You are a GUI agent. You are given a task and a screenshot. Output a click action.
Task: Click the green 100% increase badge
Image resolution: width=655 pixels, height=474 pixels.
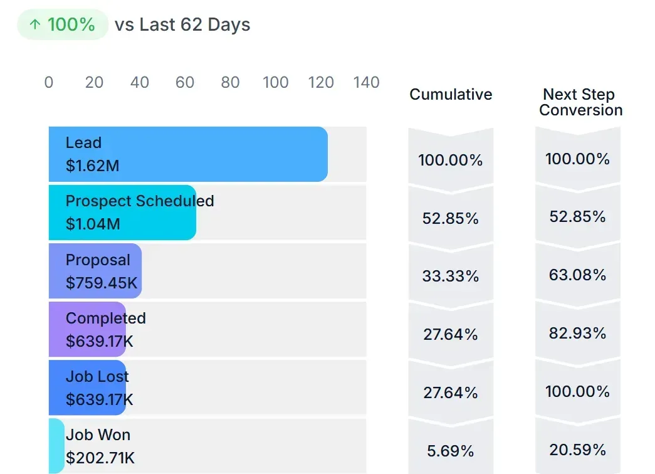click(x=63, y=25)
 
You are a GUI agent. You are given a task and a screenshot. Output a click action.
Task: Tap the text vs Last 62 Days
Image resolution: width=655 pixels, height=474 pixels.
click(x=182, y=25)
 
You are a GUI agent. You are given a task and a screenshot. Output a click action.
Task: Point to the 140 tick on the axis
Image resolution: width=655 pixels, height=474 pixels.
click(x=367, y=83)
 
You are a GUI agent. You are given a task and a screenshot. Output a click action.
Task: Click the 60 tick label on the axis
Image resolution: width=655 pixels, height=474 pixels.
click(x=185, y=83)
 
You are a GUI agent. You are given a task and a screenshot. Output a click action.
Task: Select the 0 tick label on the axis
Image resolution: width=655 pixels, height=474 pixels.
click(x=49, y=83)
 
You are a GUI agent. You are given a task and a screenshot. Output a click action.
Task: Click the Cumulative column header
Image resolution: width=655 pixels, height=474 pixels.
click(x=451, y=95)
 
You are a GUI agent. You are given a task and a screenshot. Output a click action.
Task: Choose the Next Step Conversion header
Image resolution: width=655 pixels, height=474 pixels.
click(x=580, y=102)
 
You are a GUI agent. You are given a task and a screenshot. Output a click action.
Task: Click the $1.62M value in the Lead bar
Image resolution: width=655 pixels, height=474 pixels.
click(x=92, y=166)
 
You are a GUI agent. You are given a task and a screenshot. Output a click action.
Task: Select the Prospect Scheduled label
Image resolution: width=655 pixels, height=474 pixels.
click(x=140, y=201)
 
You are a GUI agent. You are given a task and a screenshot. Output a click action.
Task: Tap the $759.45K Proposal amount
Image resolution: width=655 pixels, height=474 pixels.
click(x=102, y=283)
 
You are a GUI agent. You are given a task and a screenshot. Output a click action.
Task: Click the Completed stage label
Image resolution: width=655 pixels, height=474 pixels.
click(x=105, y=319)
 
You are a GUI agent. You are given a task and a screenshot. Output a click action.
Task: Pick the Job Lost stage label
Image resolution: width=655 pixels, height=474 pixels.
click(x=97, y=377)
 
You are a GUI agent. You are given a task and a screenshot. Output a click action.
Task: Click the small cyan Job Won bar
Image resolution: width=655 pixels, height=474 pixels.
click(x=56, y=446)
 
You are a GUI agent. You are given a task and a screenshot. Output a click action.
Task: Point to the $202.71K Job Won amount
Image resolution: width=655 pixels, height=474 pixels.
click(x=100, y=458)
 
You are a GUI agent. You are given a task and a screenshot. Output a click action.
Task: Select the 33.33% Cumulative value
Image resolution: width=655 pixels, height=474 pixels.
click(x=451, y=276)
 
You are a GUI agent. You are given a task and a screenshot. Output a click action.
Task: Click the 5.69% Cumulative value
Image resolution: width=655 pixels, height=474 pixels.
click(x=451, y=451)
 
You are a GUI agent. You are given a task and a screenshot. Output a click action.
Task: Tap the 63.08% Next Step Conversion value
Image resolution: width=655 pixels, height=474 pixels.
click(x=577, y=275)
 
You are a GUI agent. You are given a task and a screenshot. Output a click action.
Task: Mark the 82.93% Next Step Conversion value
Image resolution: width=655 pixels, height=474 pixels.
click(x=577, y=333)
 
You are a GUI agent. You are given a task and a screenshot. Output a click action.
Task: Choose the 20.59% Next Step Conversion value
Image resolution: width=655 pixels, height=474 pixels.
click(x=577, y=450)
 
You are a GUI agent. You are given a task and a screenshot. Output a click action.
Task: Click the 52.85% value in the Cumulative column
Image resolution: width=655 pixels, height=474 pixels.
click(x=451, y=218)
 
